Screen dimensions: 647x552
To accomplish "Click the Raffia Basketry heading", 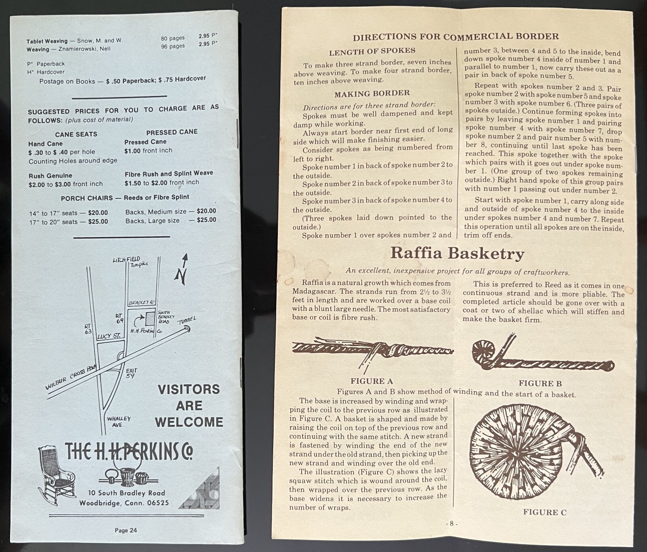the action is pyautogui.click(x=457, y=254).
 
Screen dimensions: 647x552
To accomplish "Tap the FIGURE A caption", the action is pyautogui.click(x=371, y=381).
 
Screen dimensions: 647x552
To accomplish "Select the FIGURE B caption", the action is pyautogui.click(x=540, y=383).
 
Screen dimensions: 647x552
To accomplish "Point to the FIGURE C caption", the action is pyautogui.click(x=544, y=512).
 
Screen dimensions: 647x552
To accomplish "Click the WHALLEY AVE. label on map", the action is pyautogui.click(x=119, y=422).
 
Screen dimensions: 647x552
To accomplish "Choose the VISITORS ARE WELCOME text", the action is pyautogui.click(x=189, y=406).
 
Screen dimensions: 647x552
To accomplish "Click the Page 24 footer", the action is pyautogui.click(x=126, y=530).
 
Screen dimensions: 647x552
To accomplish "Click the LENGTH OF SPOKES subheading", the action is pyautogui.click(x=372, y=51).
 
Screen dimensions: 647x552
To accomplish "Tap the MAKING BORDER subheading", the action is pyautogui.click(x=372, y=94).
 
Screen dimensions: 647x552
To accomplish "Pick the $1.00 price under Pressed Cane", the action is pyautogui.click(x=132, y=151).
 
